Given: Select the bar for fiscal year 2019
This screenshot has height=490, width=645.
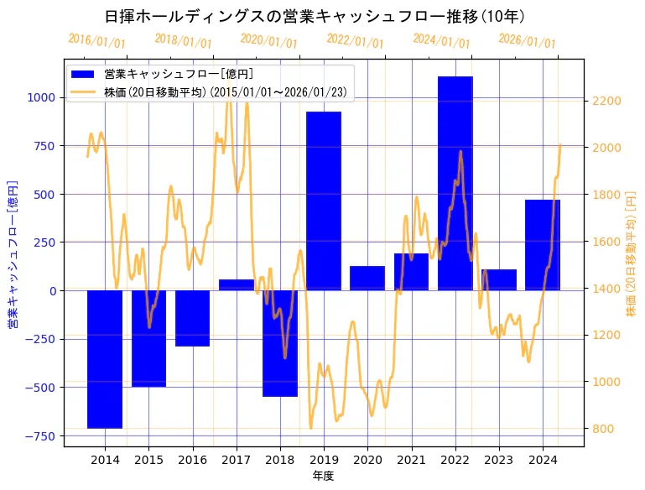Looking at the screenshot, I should click(x=324, y=201).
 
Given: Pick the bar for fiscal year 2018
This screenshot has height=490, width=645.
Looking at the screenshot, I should click(x=280, y=343).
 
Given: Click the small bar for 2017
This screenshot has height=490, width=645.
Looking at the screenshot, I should click(x=237, y=285).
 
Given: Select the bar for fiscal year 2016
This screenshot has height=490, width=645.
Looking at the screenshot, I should click(x=192, y=318).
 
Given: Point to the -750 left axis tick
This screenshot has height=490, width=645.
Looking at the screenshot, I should click(x=40, y=436).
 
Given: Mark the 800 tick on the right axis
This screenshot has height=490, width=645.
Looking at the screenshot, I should click(x=602, y=429).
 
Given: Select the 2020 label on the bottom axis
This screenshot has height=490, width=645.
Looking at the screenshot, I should click(x=367, y=460).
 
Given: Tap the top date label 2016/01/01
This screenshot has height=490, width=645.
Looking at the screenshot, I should click(x=96, y=40).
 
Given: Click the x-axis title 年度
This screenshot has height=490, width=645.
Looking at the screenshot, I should click(x=323, y=476).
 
